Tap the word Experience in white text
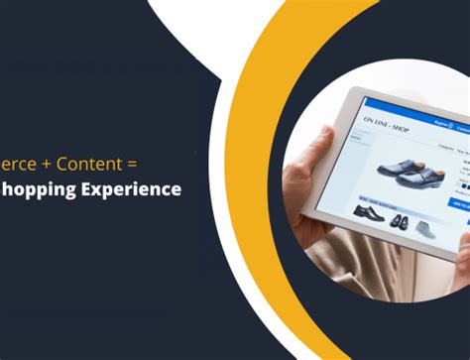coord(131,187)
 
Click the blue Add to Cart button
coord(459,203)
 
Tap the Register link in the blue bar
coord(440,125)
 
